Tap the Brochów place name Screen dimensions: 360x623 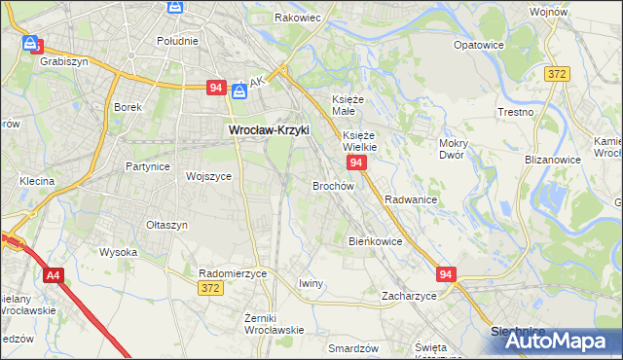pos(332,185)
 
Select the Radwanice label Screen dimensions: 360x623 pos(411,198)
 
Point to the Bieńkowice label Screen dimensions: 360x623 pos(375,240)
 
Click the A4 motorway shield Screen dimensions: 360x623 pos(54,277)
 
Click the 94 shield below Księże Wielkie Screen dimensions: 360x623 pos(356,162)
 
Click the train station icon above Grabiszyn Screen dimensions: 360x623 pos(32,44)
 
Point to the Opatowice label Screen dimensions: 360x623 pos(478,45)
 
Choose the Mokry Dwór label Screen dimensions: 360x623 pos(455,149)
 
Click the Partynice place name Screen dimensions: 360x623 pos(148,166)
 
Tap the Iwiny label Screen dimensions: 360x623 pos(311,283)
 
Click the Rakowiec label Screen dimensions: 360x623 pos(298,18)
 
